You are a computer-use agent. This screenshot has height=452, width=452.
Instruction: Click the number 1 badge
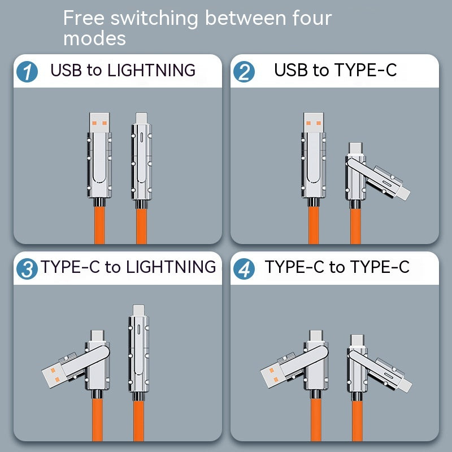tap(27, 72)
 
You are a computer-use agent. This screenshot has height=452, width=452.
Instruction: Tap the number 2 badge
tap(244, 72)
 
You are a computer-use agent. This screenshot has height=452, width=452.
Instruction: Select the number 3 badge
tap(27, 268)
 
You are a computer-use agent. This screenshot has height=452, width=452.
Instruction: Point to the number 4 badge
tap(244, 268)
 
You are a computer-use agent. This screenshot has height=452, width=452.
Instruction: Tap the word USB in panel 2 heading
tap(291, 71)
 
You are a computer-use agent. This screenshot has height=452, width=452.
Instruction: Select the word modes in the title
tap(94, 39)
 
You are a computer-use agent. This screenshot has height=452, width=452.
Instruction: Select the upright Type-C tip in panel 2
tap(356, 149)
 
